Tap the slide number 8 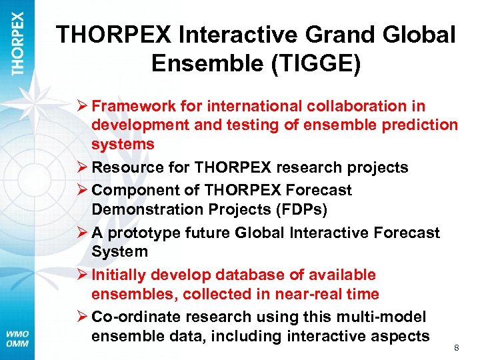click(457, 347)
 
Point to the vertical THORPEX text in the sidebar click(18, 43)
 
